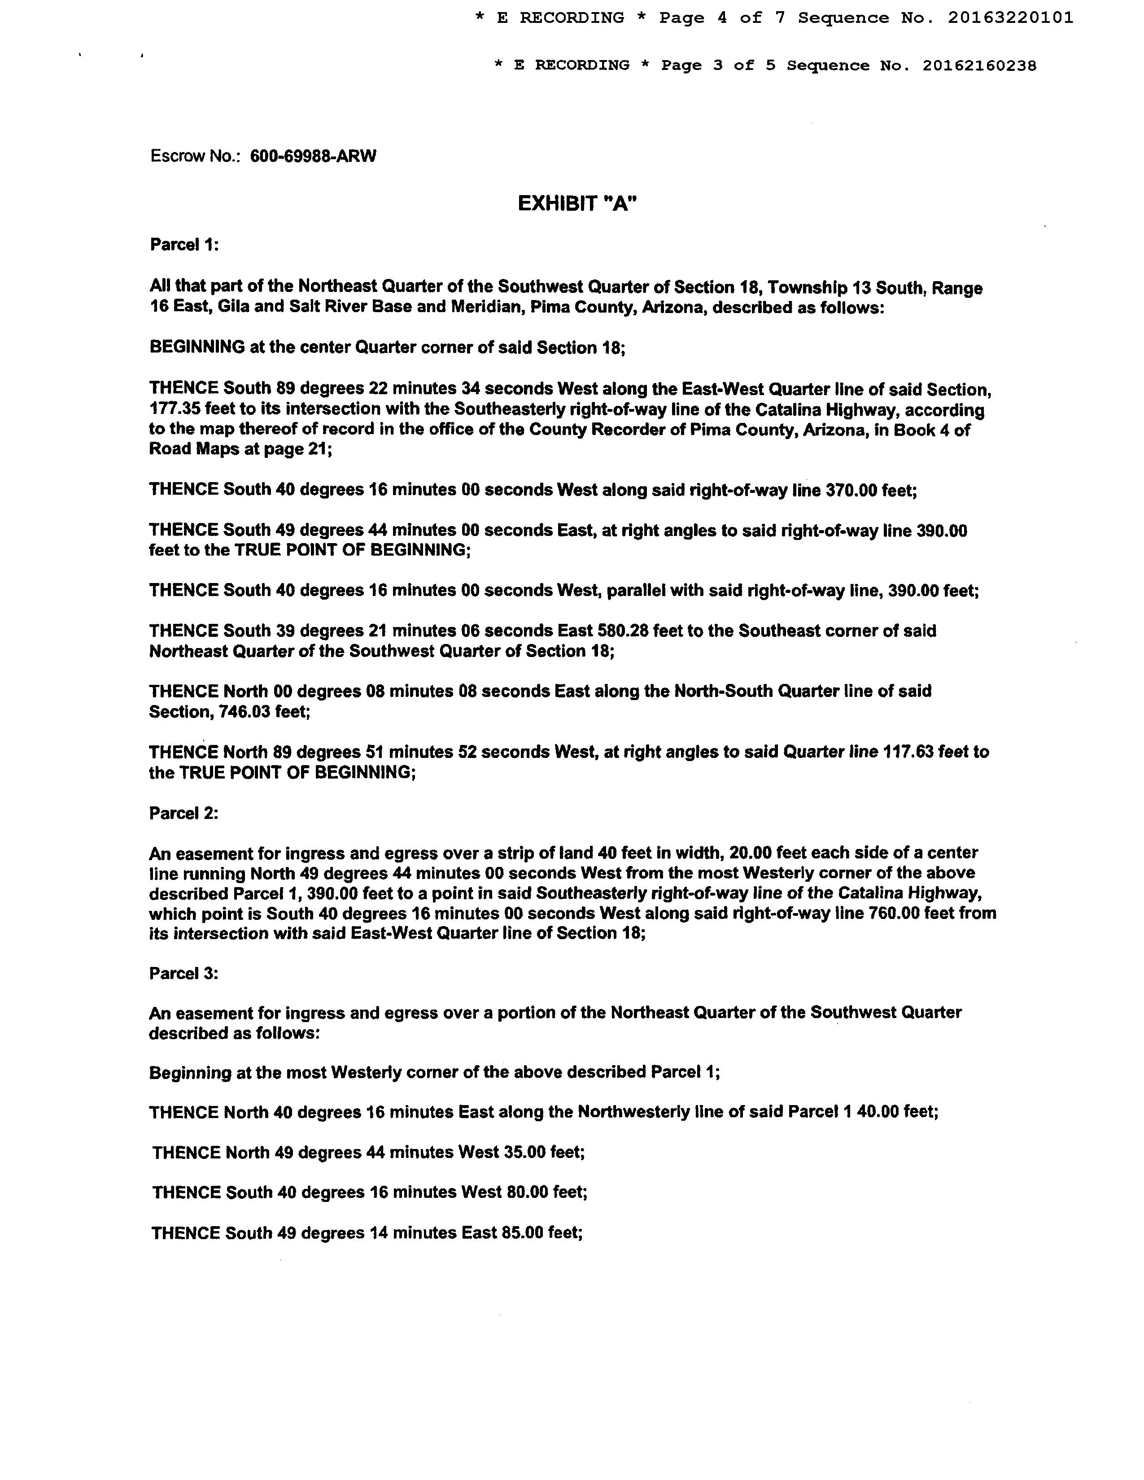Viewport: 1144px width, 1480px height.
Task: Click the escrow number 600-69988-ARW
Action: click(x=313, y=157)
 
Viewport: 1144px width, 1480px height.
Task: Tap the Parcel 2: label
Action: click(x=183, y=813)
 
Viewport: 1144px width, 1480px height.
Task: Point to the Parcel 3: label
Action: click(x=183, y=973)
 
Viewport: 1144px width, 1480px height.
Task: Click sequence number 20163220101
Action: click(x=1010, y=18)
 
